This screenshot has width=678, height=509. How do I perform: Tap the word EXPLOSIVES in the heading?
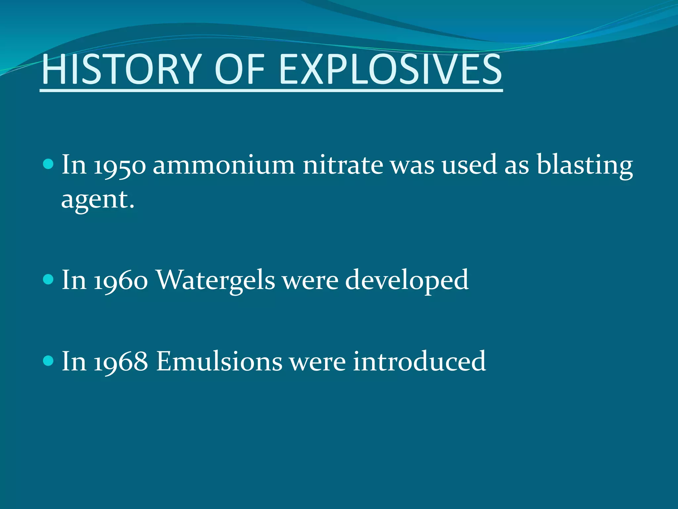coord(391,70)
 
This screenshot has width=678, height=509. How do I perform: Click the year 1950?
coord(120,165)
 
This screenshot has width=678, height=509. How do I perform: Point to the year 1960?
coord(121,280)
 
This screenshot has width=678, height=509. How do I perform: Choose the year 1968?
coord(121,362)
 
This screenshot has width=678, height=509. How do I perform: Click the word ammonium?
coord(224,165)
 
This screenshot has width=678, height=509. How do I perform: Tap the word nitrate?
coord(343,165)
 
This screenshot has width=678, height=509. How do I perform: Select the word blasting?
coord(585,165)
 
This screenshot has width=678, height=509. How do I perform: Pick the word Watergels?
coord(216,280)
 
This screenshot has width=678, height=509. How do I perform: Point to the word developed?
coord(407,280)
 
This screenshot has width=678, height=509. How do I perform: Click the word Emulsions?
coord(219,362)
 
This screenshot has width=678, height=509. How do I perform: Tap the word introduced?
coord(419,362)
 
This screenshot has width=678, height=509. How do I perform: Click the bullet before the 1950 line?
coord(48,164)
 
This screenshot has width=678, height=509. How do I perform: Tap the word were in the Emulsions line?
coord(318,362)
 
